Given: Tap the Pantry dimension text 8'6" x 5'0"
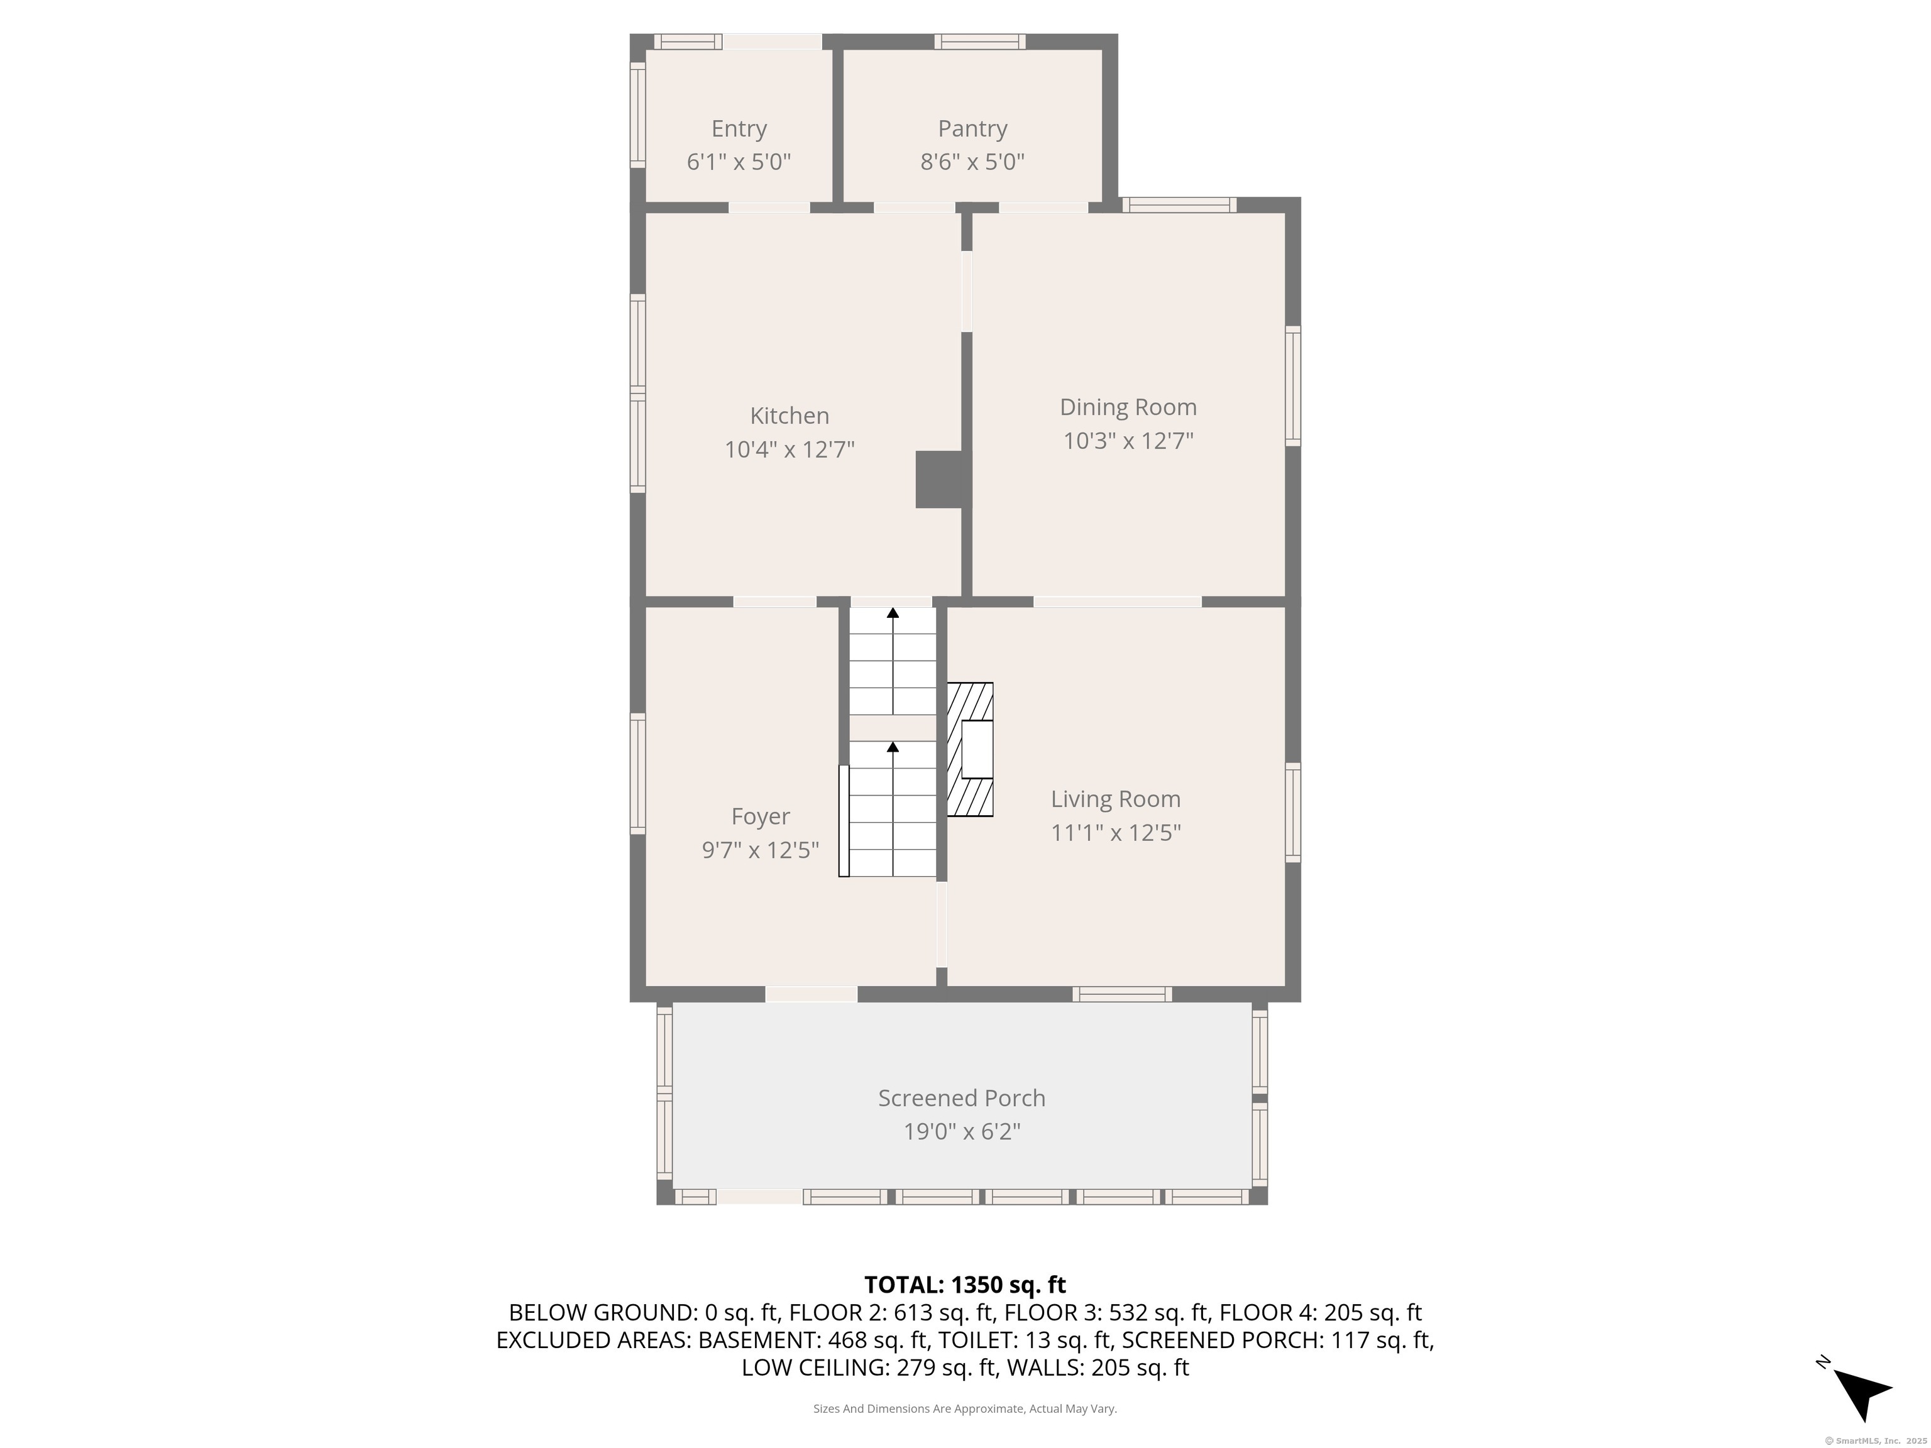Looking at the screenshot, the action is point(972,162).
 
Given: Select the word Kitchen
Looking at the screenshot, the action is point(789,415).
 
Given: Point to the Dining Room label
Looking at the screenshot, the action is point(1128,407).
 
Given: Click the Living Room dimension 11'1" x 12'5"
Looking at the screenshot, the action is point(1116,833).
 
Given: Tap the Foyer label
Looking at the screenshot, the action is point(761,817).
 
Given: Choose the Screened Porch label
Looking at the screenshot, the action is point(961,1098).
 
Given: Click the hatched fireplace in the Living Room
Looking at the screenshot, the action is point(970,750).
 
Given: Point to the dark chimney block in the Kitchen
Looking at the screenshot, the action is point(938,479).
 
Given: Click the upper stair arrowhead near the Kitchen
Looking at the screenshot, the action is point(892,613).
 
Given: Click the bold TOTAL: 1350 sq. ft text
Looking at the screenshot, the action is point(965,1285).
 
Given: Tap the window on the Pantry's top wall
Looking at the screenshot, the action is point(979,41).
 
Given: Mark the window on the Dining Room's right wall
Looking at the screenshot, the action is point(1293,386).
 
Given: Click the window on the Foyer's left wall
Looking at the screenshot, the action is point(638,773).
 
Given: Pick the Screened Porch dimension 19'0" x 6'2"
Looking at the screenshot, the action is point(961,1132).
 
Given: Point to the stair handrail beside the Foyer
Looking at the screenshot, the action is point(844,820).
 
